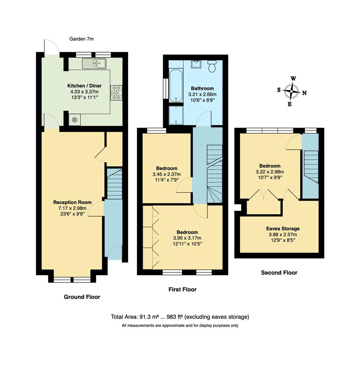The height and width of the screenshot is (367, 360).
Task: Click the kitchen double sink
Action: coord(94,64)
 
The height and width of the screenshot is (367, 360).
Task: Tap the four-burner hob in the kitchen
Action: coord(116,93)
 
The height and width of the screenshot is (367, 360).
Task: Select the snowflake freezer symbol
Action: coord(74,120)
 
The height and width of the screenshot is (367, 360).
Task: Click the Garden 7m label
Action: coord(81,39)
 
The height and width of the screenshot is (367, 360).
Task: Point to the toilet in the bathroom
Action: coord(212,67)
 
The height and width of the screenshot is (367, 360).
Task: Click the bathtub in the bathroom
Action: coord(176,86)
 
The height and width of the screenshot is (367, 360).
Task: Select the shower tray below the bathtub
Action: coord(176,115)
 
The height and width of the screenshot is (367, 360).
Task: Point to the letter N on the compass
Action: coord(304,93)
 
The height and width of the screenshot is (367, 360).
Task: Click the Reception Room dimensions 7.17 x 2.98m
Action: coord(72,208)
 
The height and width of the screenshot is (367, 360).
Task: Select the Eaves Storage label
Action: coord(282,229)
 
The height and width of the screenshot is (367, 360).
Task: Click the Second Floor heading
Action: coord(279,273)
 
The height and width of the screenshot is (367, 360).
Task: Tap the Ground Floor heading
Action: coord(82,297)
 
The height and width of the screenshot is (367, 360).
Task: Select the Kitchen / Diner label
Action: coord(84,86)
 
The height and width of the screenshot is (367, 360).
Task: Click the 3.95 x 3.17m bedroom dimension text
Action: coord(187,238)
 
